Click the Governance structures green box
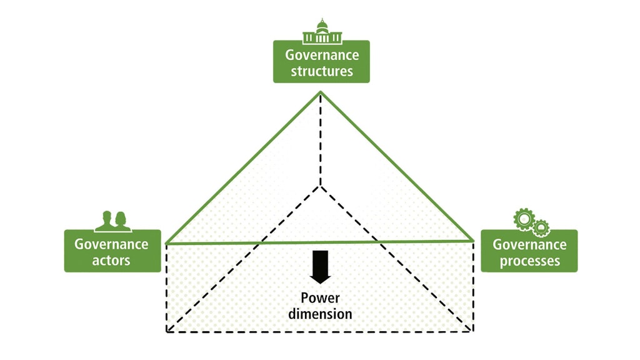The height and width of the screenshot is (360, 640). [x=321, y=62]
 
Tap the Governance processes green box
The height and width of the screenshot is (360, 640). [x=529, y=251]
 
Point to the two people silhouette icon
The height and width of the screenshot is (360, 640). [x=112, y=220]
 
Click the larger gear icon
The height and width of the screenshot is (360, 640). [x=523, y=218]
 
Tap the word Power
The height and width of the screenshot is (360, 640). [x=320, y=298]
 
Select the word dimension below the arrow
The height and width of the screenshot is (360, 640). [x=320, y=313]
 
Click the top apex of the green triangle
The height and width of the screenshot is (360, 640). [x=321, y=92]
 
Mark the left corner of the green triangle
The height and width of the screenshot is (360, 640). [x=166, y=242]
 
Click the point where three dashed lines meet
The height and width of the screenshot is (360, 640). [x=321, y=186]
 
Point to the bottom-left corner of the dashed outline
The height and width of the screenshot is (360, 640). [x=166, y=332]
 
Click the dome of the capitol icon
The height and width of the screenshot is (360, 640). [x=322, y=25]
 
